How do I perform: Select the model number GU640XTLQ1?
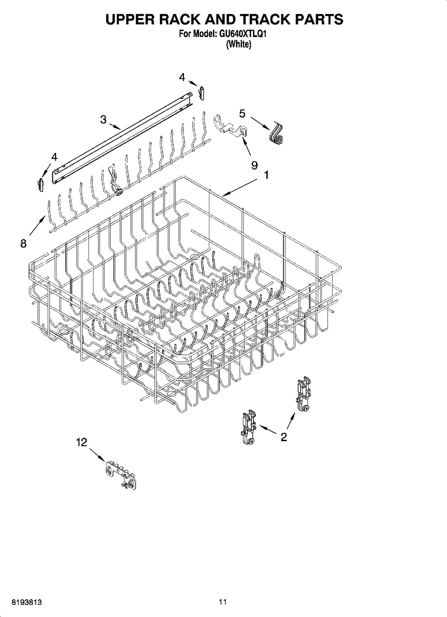[243, 34]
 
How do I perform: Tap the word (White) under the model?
[239, 44]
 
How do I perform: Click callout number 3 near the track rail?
[103, 119]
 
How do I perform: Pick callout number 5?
[242, 113]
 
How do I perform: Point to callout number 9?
[254, 165]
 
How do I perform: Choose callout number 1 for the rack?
[266, 175]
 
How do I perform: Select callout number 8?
[24, 243]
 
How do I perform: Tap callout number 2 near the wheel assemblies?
[283, 436]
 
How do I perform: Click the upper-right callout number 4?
[182, 78]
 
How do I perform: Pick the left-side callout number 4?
[54, 157]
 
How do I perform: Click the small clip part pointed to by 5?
[277, 133]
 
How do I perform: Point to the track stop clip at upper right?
[202, 93]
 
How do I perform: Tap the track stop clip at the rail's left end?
[41, 185]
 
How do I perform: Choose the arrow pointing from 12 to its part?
[97, 455]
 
